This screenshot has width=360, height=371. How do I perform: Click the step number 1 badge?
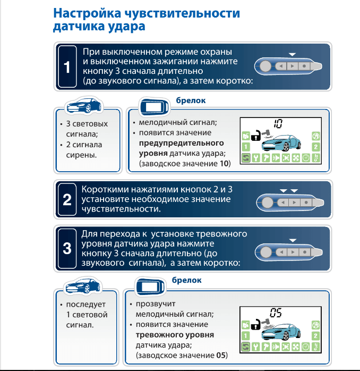point(67,68)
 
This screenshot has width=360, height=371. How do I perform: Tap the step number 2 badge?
point(67,200)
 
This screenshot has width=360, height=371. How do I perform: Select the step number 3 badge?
point(67,248)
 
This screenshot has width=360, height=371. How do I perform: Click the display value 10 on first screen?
point(278,124)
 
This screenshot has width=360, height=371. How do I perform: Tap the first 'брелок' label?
point(191,100)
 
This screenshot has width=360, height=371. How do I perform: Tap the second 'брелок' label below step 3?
point(187,280)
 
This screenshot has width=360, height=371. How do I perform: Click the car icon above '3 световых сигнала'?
point(83,106)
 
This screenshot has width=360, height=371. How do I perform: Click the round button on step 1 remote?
point(265,66)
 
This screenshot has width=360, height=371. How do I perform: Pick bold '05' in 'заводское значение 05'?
point(221,355)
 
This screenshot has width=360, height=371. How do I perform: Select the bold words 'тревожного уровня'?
point(175,335)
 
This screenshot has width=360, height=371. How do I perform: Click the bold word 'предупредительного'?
point(181,143)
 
